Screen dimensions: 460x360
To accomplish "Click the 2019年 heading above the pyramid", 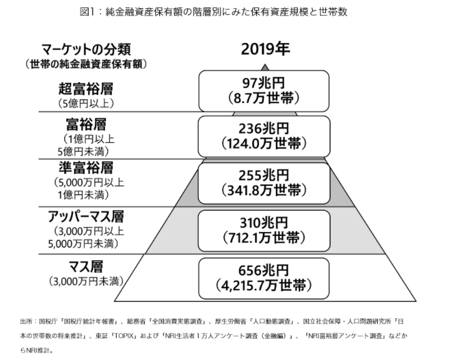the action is click(x=265, y=49).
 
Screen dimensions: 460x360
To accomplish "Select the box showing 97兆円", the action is click(x=264, y=91).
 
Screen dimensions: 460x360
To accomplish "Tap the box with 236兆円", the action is click(x=264, y=136).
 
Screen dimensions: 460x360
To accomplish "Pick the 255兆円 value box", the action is click(x=264, y=183).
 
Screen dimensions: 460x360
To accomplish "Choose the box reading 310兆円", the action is click(x=264, y=231).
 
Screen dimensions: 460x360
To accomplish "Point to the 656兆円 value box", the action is click(x=264, y=278).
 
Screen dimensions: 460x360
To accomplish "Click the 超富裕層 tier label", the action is click(x=86, y=89).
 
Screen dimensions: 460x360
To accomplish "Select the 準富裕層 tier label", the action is click(x=86, y=167).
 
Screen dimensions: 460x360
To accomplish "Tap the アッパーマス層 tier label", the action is click(x=86, y=216).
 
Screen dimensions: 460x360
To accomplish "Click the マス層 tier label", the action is click(x=86, y=266).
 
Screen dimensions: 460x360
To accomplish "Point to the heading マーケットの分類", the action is click(x=86, y=49).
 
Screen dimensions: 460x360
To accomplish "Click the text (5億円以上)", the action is click(x=86, y=104).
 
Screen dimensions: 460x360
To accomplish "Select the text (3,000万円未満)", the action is click(x=86, y=281).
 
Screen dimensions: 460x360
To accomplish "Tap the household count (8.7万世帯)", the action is click(x=264, y=98).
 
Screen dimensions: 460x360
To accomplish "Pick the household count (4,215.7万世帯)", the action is click(x=264, y=286).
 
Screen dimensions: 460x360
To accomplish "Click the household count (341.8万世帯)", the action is click(x=264, y=190).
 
